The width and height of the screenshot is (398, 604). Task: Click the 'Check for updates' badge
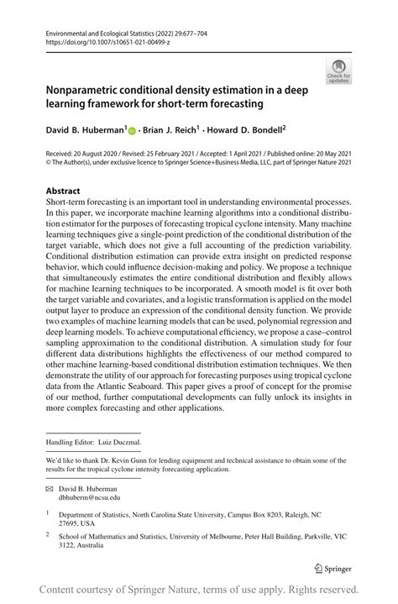(x=340, y=71)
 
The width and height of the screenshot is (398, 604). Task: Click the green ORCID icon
(x=134, y=130)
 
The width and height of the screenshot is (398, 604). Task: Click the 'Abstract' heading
(x=65, y=191)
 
